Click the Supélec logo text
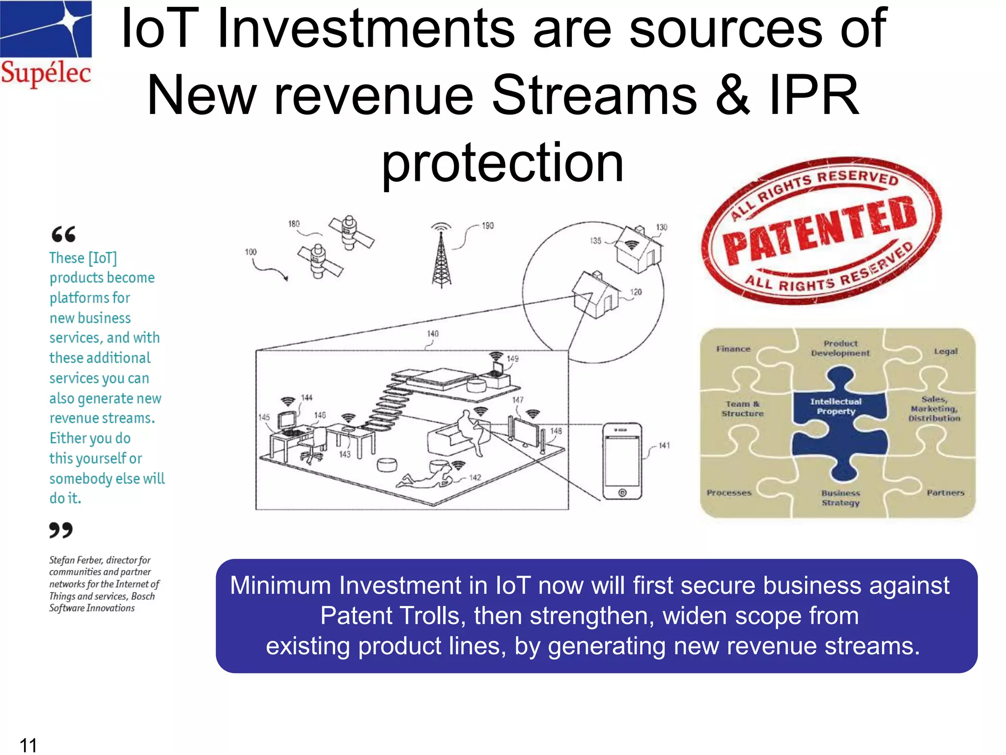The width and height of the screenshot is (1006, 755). tap(46, 73)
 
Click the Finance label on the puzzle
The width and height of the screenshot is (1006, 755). tap(733, 349)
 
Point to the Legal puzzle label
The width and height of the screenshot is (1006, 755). tap(946, 351)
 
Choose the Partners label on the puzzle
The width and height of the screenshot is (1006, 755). tap(946, 493)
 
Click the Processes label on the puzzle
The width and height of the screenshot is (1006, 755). tap(729, 493)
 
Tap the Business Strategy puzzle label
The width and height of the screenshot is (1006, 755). tap(841, 497)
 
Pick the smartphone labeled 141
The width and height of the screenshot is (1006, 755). tap(622, 461)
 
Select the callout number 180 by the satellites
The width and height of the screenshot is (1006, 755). tap(294, 224)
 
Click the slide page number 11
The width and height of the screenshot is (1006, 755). tap(28, 745)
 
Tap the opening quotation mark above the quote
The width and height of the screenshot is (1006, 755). tap(64, 234)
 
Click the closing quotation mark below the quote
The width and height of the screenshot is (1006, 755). tap(61, 530)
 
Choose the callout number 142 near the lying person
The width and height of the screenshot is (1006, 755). tap(475, 477)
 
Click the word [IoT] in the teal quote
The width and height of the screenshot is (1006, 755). tap(103, 258)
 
